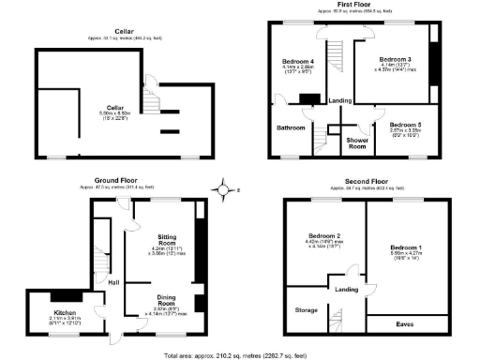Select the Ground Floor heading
tap(117, 179)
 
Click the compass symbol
tap(223, 192)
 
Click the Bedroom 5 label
tap(406, 125)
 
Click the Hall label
tap(113, 280)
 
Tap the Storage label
tap(307, 308)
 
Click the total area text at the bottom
tap(239, 354)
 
